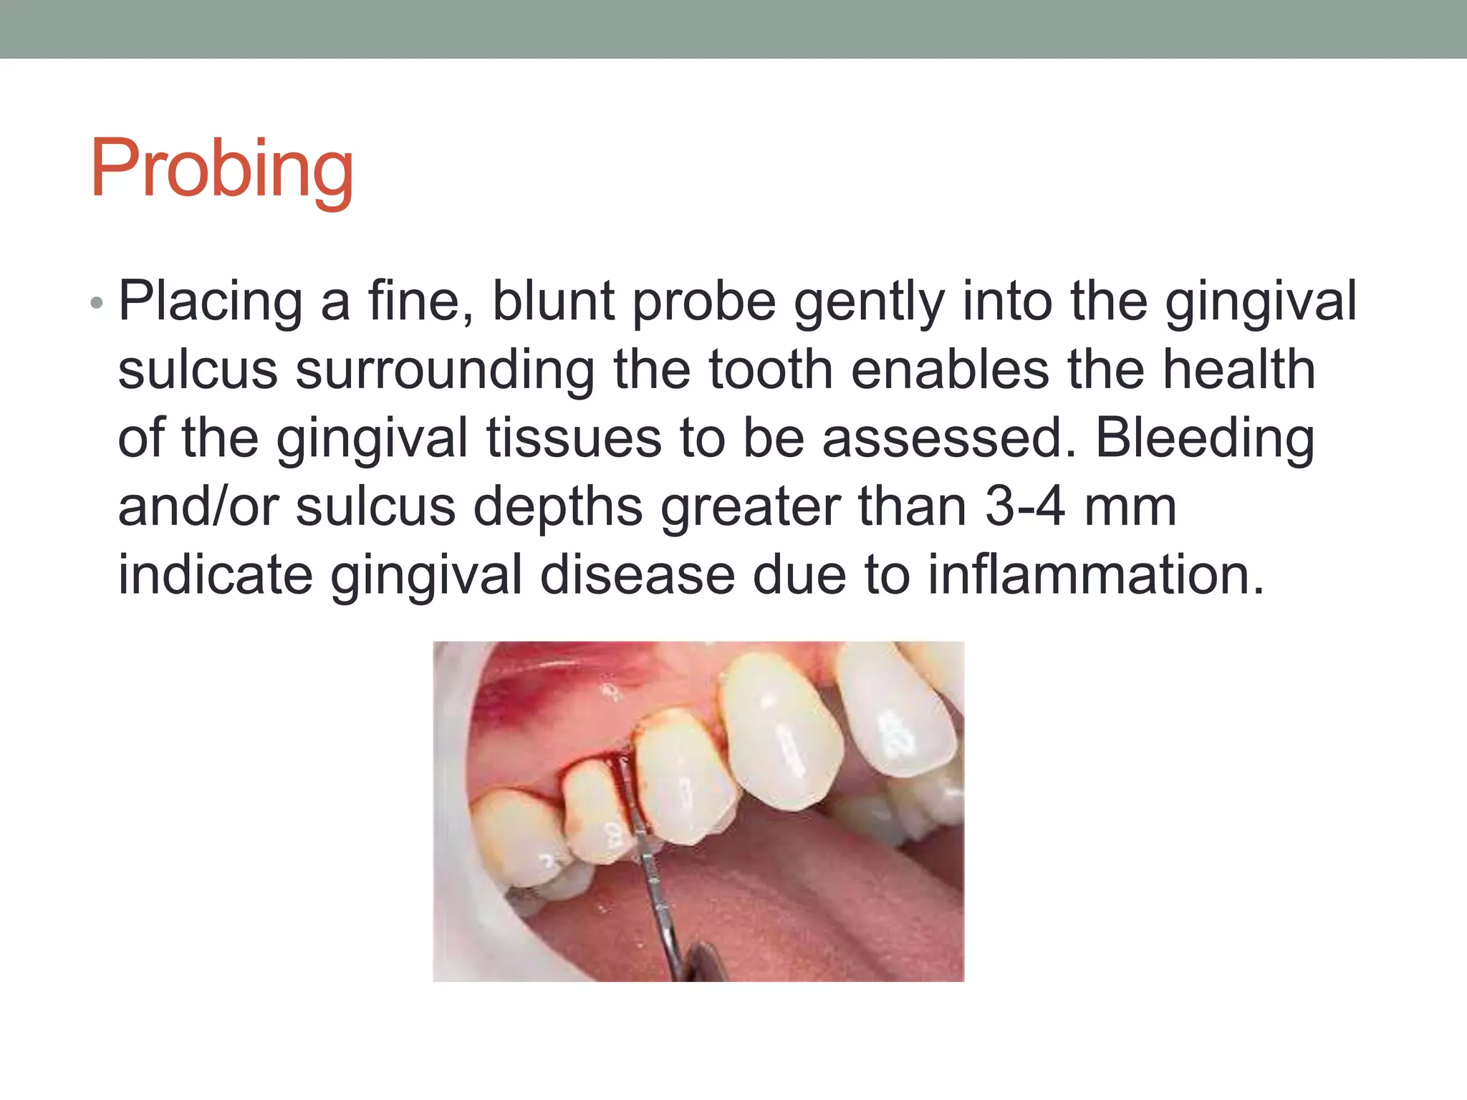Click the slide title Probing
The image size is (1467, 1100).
pos(221,170)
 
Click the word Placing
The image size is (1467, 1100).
pos(211,302)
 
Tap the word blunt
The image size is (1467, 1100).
pos(553,301)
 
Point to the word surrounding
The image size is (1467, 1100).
pos(445,371)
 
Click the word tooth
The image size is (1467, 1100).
pos(771,370)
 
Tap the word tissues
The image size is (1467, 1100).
pos(574,438)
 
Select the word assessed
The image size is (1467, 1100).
pos(948,438)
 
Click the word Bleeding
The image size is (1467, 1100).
pos(1205,440)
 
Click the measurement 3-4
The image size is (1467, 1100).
pos(1024,507)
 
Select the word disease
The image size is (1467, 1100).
pos(638,575)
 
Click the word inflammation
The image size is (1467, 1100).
pos(1096,575)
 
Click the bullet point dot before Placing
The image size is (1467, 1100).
pos(97,304)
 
